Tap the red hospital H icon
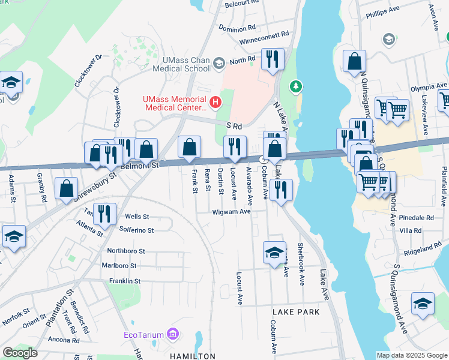coord(214,103)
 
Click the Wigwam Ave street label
coord(231,212)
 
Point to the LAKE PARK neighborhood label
coord(296,313)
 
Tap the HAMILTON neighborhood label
coord(192,356)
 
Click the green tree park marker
coord(295,88)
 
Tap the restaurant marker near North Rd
coord(273,59)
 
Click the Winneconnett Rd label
coord(264,34)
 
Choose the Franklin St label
coord(125,281)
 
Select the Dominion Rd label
coord(237,29)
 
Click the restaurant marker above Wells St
coord(105,214)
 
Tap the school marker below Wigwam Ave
coord(274,252)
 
